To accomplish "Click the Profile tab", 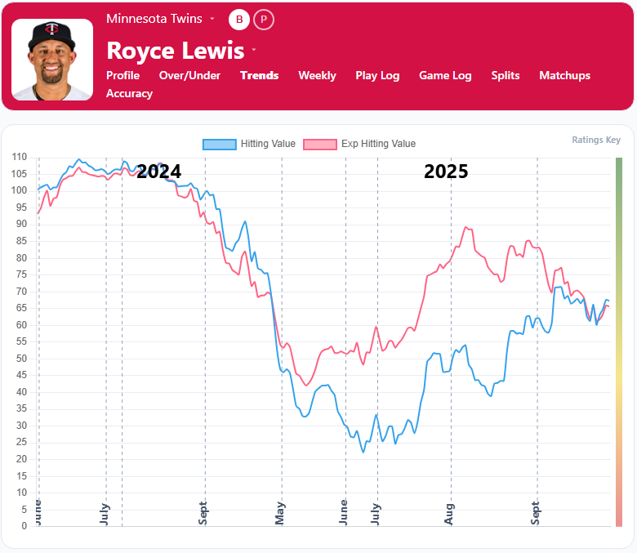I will coord(122,75).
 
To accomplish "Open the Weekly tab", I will coord(317,75).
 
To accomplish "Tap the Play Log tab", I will coord(377,75).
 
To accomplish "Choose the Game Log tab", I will coord(445,75).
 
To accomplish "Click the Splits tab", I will coord(506,75).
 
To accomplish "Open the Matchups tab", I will coord(564,75).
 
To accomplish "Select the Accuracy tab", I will coord(129,93).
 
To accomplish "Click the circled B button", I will coord(239,19).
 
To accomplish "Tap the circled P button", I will coord(264,19).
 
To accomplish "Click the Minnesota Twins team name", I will coord(154,19).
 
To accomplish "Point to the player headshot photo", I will coord(52,60).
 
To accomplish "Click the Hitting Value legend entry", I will coord(249,144).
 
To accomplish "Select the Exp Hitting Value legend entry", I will coord(359,144).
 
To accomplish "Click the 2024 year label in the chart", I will coord(158,172).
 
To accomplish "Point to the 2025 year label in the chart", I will coord(446,172).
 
